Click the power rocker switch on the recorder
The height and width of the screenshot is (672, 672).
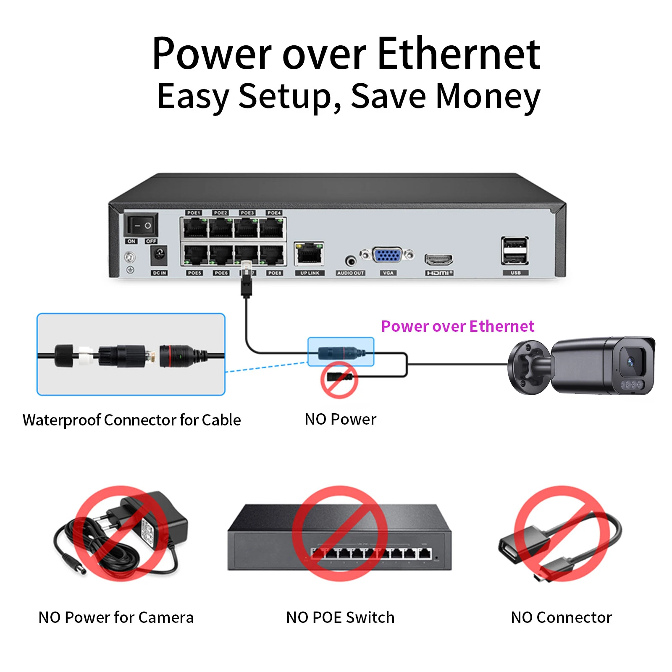(x=141, y=225)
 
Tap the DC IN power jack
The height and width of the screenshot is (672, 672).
(x=159, y=254)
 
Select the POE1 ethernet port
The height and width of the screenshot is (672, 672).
(x=195, y=228)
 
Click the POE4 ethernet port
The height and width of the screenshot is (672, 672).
(x=272, y=228)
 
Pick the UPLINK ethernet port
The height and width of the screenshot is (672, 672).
(x=309, y=253)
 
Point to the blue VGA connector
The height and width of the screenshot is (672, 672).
(x=387, y=255)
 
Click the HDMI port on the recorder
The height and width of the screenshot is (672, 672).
(x=438, y=259)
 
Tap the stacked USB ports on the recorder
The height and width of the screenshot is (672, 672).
(x=514, y=251)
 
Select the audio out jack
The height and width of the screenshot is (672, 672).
(x=350, y=261)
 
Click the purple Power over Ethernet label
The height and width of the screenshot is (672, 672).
(x=457, y=326)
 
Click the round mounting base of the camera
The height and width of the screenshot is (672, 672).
(x=528, y=367)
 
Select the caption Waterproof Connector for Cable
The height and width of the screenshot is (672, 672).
(x=131, y=420)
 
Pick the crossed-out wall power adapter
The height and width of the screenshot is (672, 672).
(x=121, y=533)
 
